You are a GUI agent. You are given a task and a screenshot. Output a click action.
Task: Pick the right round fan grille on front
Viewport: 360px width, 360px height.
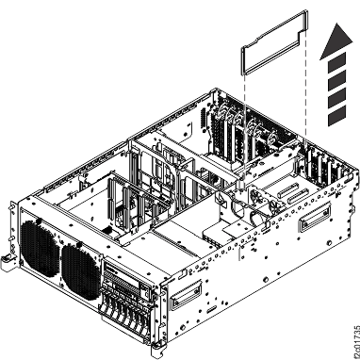coord(79,268)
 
